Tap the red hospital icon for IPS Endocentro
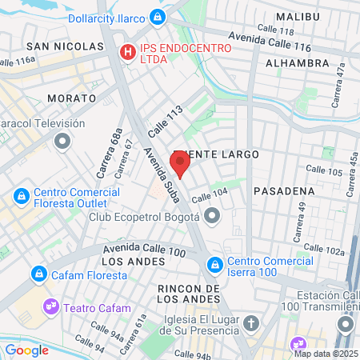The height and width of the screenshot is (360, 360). coord(126,53)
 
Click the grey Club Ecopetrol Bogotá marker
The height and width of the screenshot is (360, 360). coord(212,215)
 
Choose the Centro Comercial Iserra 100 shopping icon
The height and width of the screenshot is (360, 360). coord(215,264)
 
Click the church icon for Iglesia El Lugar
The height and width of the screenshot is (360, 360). coord(251,324)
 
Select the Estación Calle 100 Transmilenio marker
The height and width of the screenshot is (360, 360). coord(346,324)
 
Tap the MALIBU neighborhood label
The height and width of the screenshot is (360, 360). coord(297,17)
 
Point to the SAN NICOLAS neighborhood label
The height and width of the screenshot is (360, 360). coord(65,46)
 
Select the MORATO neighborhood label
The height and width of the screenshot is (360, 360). coord(71,98)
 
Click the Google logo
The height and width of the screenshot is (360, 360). coord(27,350)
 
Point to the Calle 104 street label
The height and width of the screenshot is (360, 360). coord(210,194)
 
